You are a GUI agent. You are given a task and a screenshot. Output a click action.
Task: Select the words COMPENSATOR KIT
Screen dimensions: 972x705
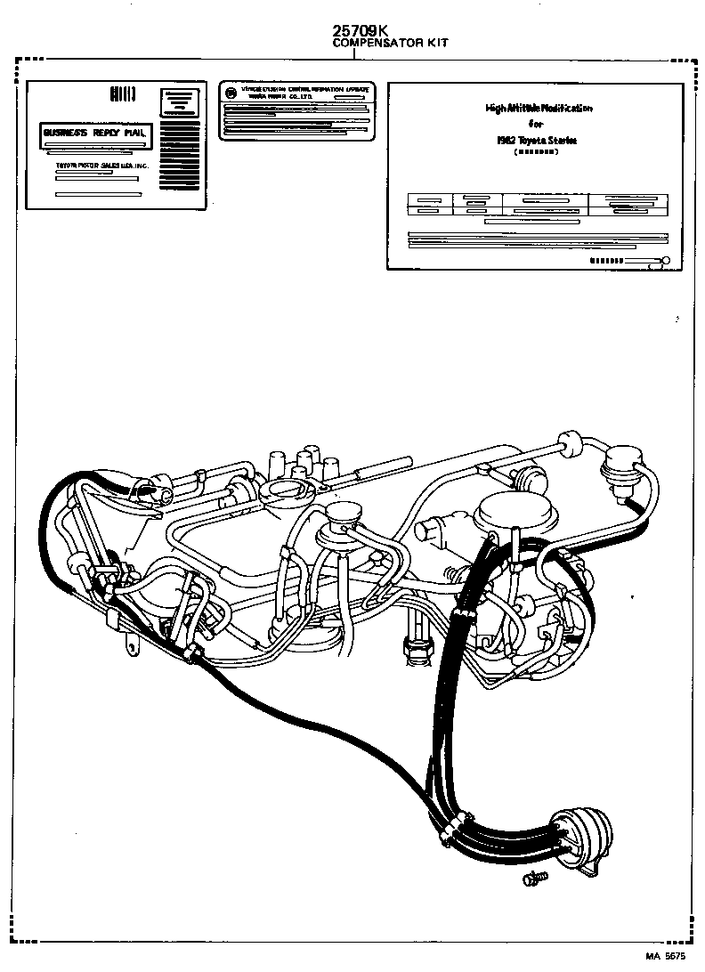click(390, 43)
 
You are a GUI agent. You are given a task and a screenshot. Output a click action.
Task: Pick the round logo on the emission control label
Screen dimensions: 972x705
click(231, 92)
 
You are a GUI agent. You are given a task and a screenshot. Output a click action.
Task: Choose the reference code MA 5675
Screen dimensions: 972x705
click(665, 956)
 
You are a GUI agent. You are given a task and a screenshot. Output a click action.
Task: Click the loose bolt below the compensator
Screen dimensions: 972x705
click(532, 879)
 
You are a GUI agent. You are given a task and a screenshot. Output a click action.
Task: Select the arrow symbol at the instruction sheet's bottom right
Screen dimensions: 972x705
click(645, 262)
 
